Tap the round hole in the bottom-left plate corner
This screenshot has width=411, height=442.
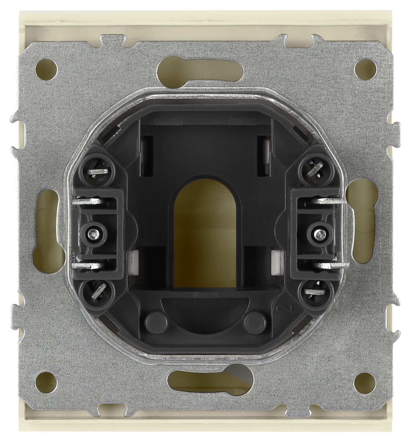pos(46,382)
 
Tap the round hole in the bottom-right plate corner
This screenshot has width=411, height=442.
pos(365,382)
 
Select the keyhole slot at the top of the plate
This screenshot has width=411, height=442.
pos(200,72)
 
